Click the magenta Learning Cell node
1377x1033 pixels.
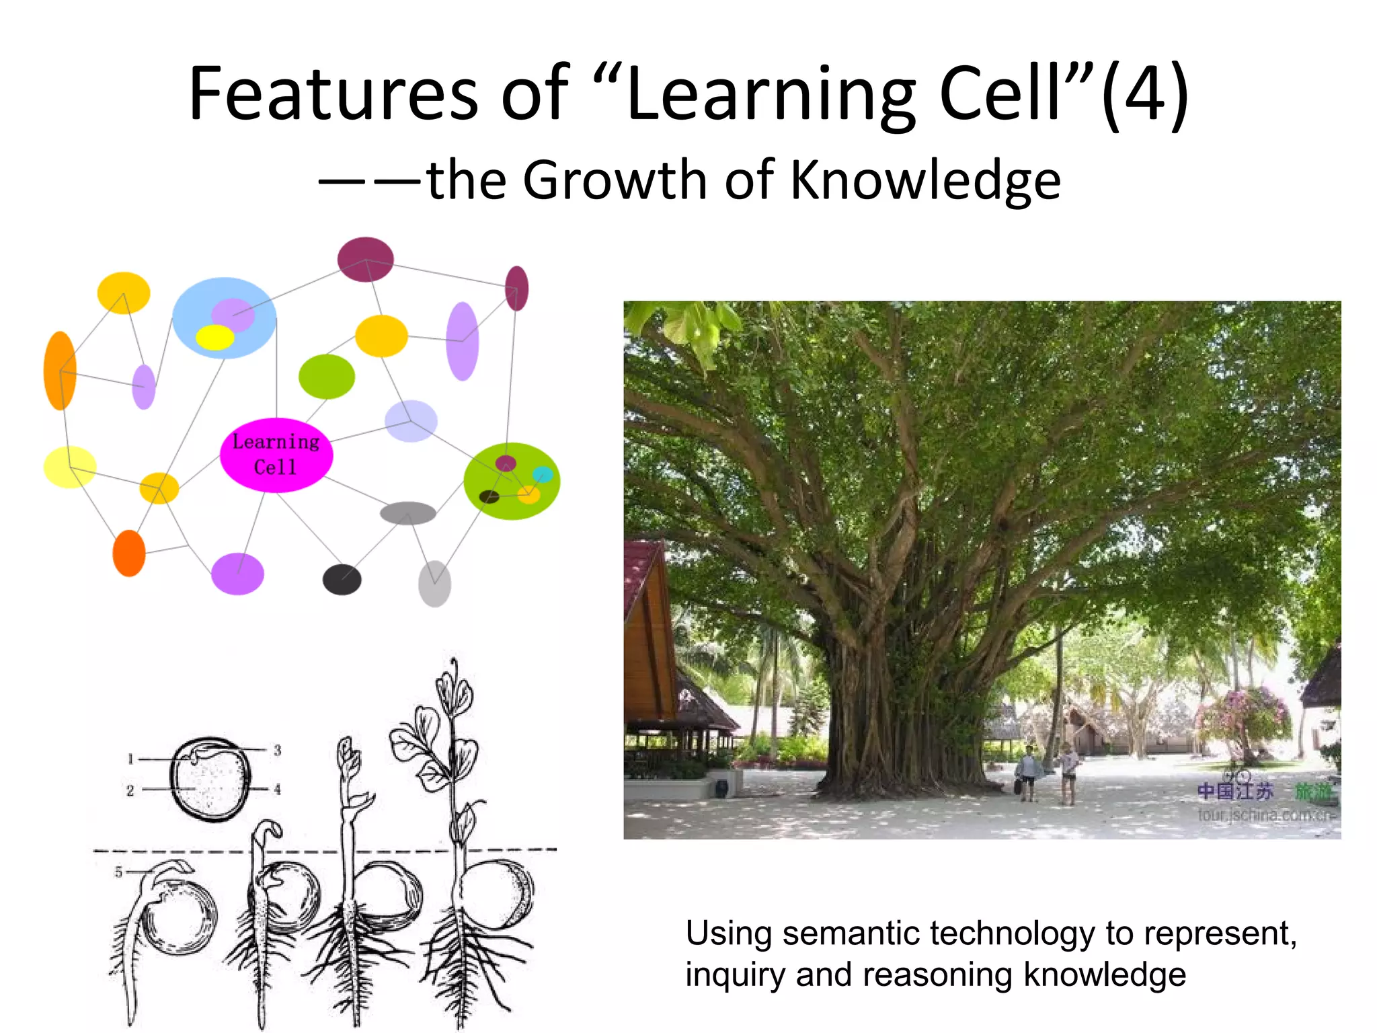click(276, 455)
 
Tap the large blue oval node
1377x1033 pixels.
click(224, 317)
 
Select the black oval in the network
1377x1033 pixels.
click(342, 579)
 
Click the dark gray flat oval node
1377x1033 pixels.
click(407, 513)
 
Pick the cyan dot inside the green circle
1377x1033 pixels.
click(542, 475)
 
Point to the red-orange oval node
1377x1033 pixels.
click(128, 553)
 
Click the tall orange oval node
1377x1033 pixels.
click(60, 370)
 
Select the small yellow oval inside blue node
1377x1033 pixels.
click(214, 337)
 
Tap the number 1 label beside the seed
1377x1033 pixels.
click(131, 759)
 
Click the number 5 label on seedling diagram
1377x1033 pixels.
click(118, 872)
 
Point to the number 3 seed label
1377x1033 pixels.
click(277, 750)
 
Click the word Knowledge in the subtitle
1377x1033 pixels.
click(925, 180)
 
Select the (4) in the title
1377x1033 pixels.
click(1145, 94)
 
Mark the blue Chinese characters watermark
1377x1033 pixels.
click(1234, 791)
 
